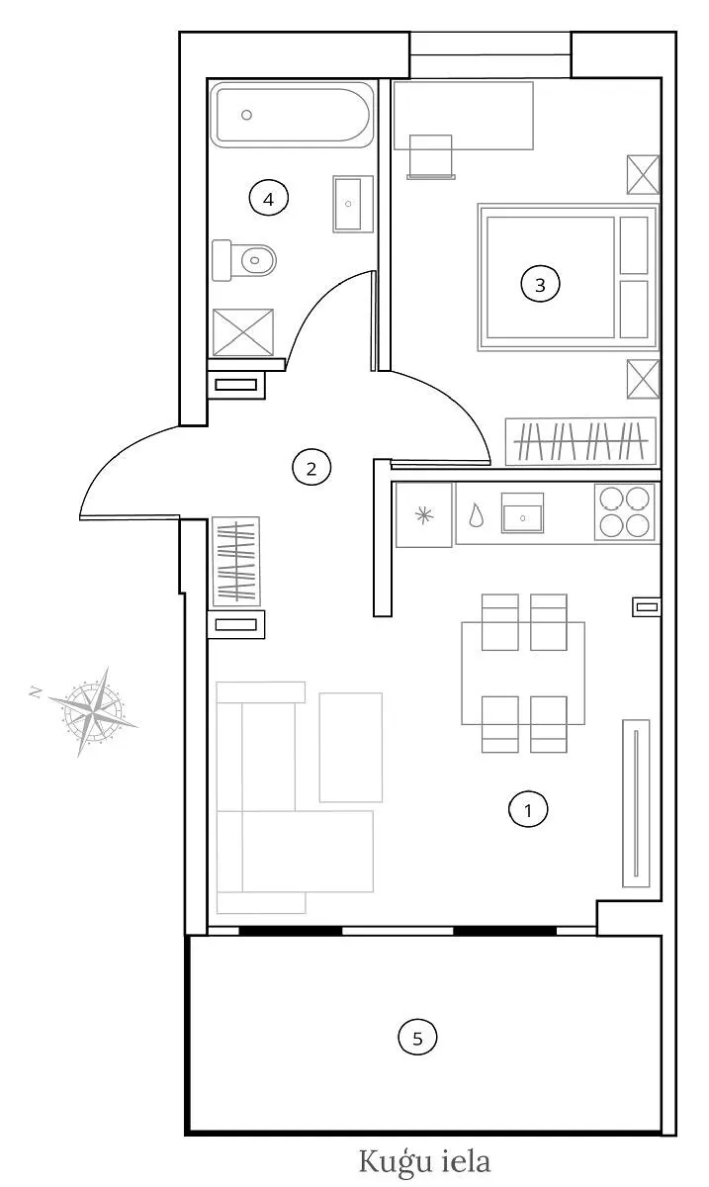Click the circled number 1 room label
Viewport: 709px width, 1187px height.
tap(528, 810)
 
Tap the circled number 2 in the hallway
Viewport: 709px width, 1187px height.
tap(311, 469)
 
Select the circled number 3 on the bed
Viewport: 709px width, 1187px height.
tap(540, 285)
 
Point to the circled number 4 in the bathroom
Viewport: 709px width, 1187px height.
tap(269, 199)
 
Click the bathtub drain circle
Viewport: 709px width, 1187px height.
tap(246, 115)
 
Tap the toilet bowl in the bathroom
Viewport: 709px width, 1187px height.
tap(258, 260)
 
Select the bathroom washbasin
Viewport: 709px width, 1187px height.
tap(353, 204)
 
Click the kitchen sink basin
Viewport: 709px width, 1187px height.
tap(522, 512)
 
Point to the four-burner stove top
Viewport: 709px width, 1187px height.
tap(624, 512)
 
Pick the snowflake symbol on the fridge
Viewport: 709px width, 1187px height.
tap(424, 515)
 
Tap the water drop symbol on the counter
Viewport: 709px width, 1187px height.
tap(477, 515)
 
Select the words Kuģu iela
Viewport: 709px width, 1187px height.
tap(424, 1161)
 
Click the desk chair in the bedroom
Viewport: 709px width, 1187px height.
tap(431, 157)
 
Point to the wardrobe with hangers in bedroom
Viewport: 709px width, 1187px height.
tap(580, 441)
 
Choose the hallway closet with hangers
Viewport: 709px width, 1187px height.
tap(236, 561)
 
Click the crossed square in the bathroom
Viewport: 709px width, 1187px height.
tap(243, 332)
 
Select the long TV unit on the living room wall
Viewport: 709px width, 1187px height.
tap(636, 803)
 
